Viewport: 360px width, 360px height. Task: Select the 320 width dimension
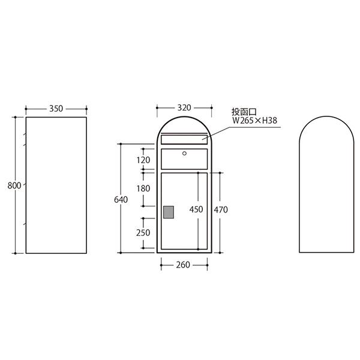click(184, 108)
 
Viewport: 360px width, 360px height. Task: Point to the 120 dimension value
click(143, 160)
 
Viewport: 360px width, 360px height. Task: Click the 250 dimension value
click(143, 232)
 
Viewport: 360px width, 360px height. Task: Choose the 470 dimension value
click(220, 210)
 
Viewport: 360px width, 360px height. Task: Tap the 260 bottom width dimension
click(183, 265)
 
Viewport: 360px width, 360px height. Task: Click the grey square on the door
click(169, 211)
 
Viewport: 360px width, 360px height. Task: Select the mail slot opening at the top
click(184, 139)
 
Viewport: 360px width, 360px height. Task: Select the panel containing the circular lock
click(184, 158)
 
